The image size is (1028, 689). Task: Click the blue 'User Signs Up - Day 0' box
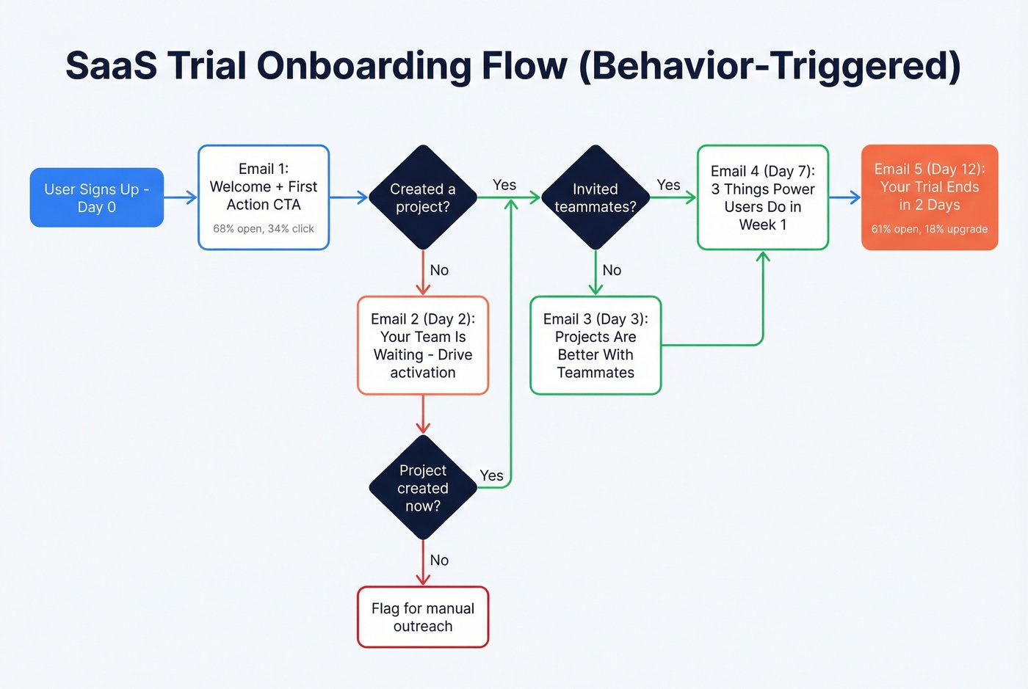(96, 197)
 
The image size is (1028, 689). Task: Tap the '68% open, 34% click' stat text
(264, 229)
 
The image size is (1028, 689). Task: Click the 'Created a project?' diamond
(423, 198)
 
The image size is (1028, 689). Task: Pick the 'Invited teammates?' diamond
(596, 198)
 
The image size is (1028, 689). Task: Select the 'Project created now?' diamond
(423, 488)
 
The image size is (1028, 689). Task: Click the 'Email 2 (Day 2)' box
(423, 346)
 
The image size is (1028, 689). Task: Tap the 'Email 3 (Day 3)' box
(596, 346)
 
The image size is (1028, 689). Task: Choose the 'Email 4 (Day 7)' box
(763, 197)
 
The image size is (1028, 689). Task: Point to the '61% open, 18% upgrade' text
(930, 229)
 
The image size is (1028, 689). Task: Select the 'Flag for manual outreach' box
(423, 617)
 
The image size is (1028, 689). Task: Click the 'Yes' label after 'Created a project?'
(504, 185)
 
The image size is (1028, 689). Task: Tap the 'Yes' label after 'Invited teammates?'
(668, 185)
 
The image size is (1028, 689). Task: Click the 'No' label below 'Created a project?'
(439, 270)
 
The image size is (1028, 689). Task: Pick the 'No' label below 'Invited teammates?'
(612, 270)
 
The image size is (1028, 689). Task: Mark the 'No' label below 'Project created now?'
(439, 560)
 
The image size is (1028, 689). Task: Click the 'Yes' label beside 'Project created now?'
(491, 475)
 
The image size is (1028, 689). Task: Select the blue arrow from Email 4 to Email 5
(845, 197)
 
